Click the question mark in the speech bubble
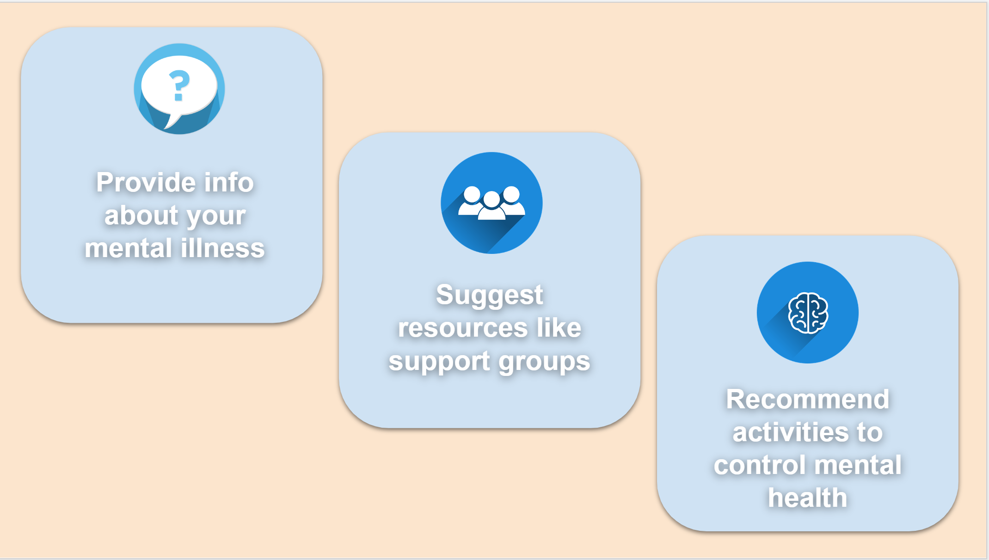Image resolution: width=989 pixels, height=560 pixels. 179,85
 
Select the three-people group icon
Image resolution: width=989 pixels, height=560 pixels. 491,203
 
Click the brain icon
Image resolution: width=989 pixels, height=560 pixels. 808,313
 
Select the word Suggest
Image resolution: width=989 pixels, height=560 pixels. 489,295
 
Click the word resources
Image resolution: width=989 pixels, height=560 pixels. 463,328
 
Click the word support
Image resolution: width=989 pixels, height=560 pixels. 439,362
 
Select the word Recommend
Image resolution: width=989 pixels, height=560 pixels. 807,399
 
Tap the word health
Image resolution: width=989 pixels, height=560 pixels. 807,498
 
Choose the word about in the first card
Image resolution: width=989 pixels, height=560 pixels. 141,215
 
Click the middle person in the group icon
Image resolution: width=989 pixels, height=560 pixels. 491,206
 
